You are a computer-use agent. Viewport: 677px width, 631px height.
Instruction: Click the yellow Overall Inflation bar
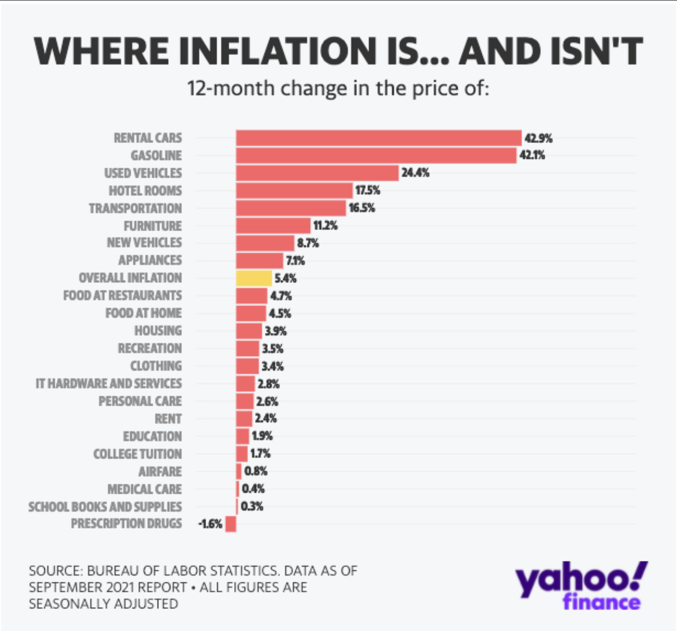click(x=254, y=278)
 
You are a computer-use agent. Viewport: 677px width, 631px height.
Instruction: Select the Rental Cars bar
click(x=378, y=138)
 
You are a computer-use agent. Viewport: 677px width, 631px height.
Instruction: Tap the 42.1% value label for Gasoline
click(x=532, y=155)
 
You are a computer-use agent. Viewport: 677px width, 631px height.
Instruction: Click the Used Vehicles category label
click(x=143, y=173)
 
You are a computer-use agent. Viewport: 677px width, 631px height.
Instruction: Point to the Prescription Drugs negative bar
click(x=230, y=524)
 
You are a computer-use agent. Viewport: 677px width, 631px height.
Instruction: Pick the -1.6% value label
click(x=210, y=524)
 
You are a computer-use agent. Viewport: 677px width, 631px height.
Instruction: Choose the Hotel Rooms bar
click(x=294, y=190)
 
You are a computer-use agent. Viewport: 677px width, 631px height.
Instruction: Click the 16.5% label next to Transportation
click(x=362, y=208)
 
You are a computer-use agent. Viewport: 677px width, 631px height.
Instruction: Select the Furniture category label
click(x=152, y=226)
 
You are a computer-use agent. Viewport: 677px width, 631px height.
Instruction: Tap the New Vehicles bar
click(x=265, y=243)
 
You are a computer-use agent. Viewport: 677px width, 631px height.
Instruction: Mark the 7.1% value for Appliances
click(x=295, y=261)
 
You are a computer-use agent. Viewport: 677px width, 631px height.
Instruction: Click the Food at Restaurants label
click(x=122, y=295)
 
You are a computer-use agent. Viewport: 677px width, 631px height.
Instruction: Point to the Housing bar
click(x=248, y=331)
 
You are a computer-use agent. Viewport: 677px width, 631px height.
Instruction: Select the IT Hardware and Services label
click(x=109, y=384)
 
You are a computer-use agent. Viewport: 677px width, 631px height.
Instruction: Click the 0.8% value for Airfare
click(x=256, y=471)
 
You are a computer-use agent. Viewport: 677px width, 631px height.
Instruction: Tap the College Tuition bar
click(x=241, y=454)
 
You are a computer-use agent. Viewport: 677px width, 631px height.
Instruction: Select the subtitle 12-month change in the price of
click(x=338, y=88)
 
